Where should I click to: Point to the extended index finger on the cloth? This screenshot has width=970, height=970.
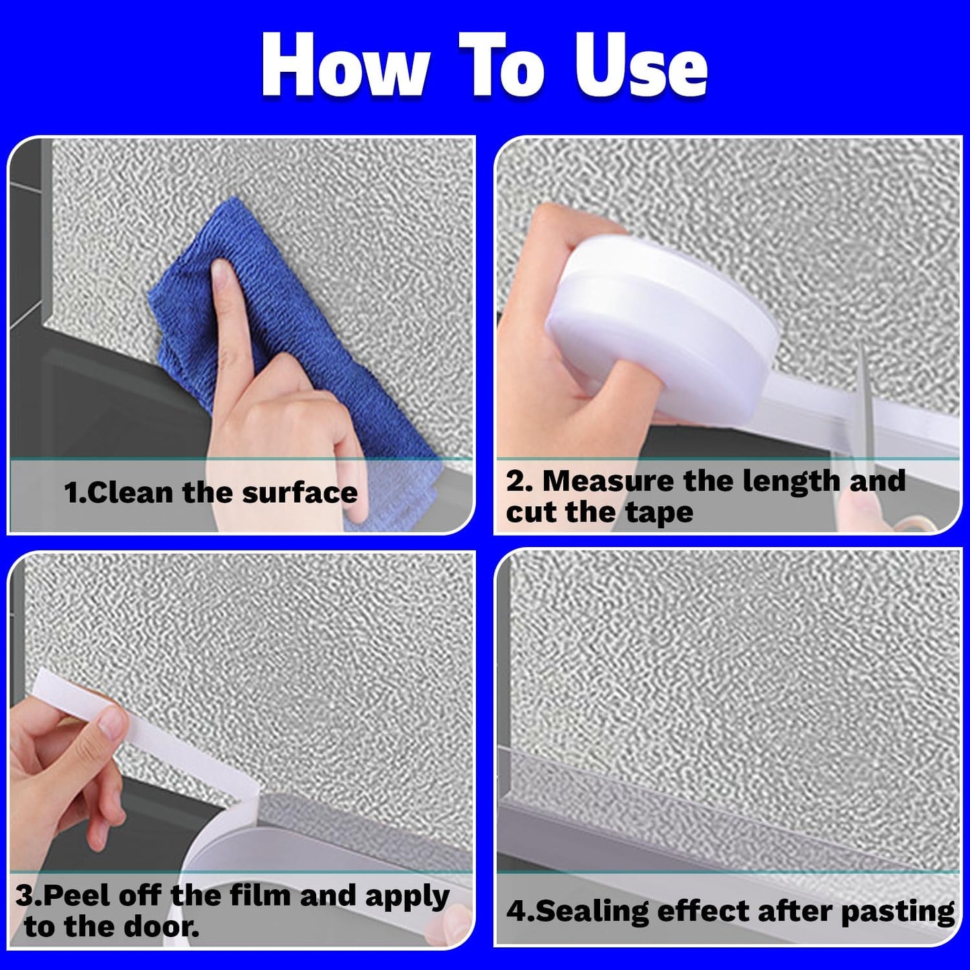pyautogui.click(x=228, y=316)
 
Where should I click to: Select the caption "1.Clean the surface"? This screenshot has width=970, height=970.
pyautogui.click(x=211, y=493)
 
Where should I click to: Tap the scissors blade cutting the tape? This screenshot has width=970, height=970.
pyautogui.click(x=866, y=403)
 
